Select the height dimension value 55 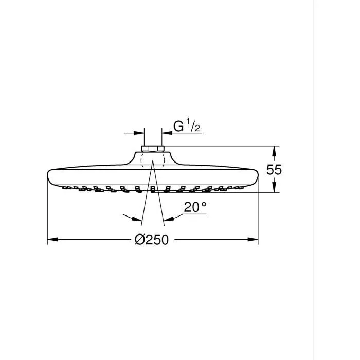click(274, 170)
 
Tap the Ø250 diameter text click(152, 240)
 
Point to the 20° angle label click(195, 207)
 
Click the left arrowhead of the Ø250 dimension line click(51, 239)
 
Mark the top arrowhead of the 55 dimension click(274, 150)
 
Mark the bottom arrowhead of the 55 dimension click(274, 189)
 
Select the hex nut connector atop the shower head click(152, 149)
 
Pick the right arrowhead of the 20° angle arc click(168, 220)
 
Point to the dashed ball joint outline click(152, 160)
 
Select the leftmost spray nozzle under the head click(65, 188)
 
